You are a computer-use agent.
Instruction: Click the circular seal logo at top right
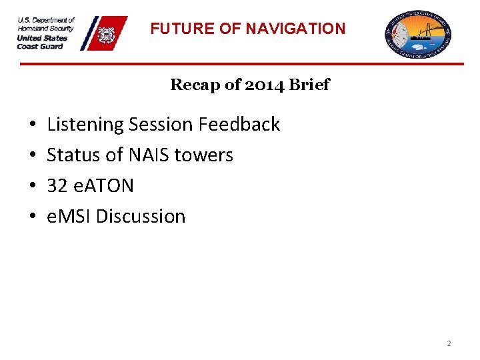[x=419, y=35]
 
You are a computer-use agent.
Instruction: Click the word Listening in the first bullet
[x=85, y=125]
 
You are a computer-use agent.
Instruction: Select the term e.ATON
[x=103, y=186]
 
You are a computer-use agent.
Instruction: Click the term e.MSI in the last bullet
[x=69, y=217]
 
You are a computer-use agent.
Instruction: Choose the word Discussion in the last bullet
[x=141, y=217]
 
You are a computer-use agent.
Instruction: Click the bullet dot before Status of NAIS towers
[x=33, y=155]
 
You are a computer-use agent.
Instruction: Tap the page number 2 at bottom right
[x=449, y=343]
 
